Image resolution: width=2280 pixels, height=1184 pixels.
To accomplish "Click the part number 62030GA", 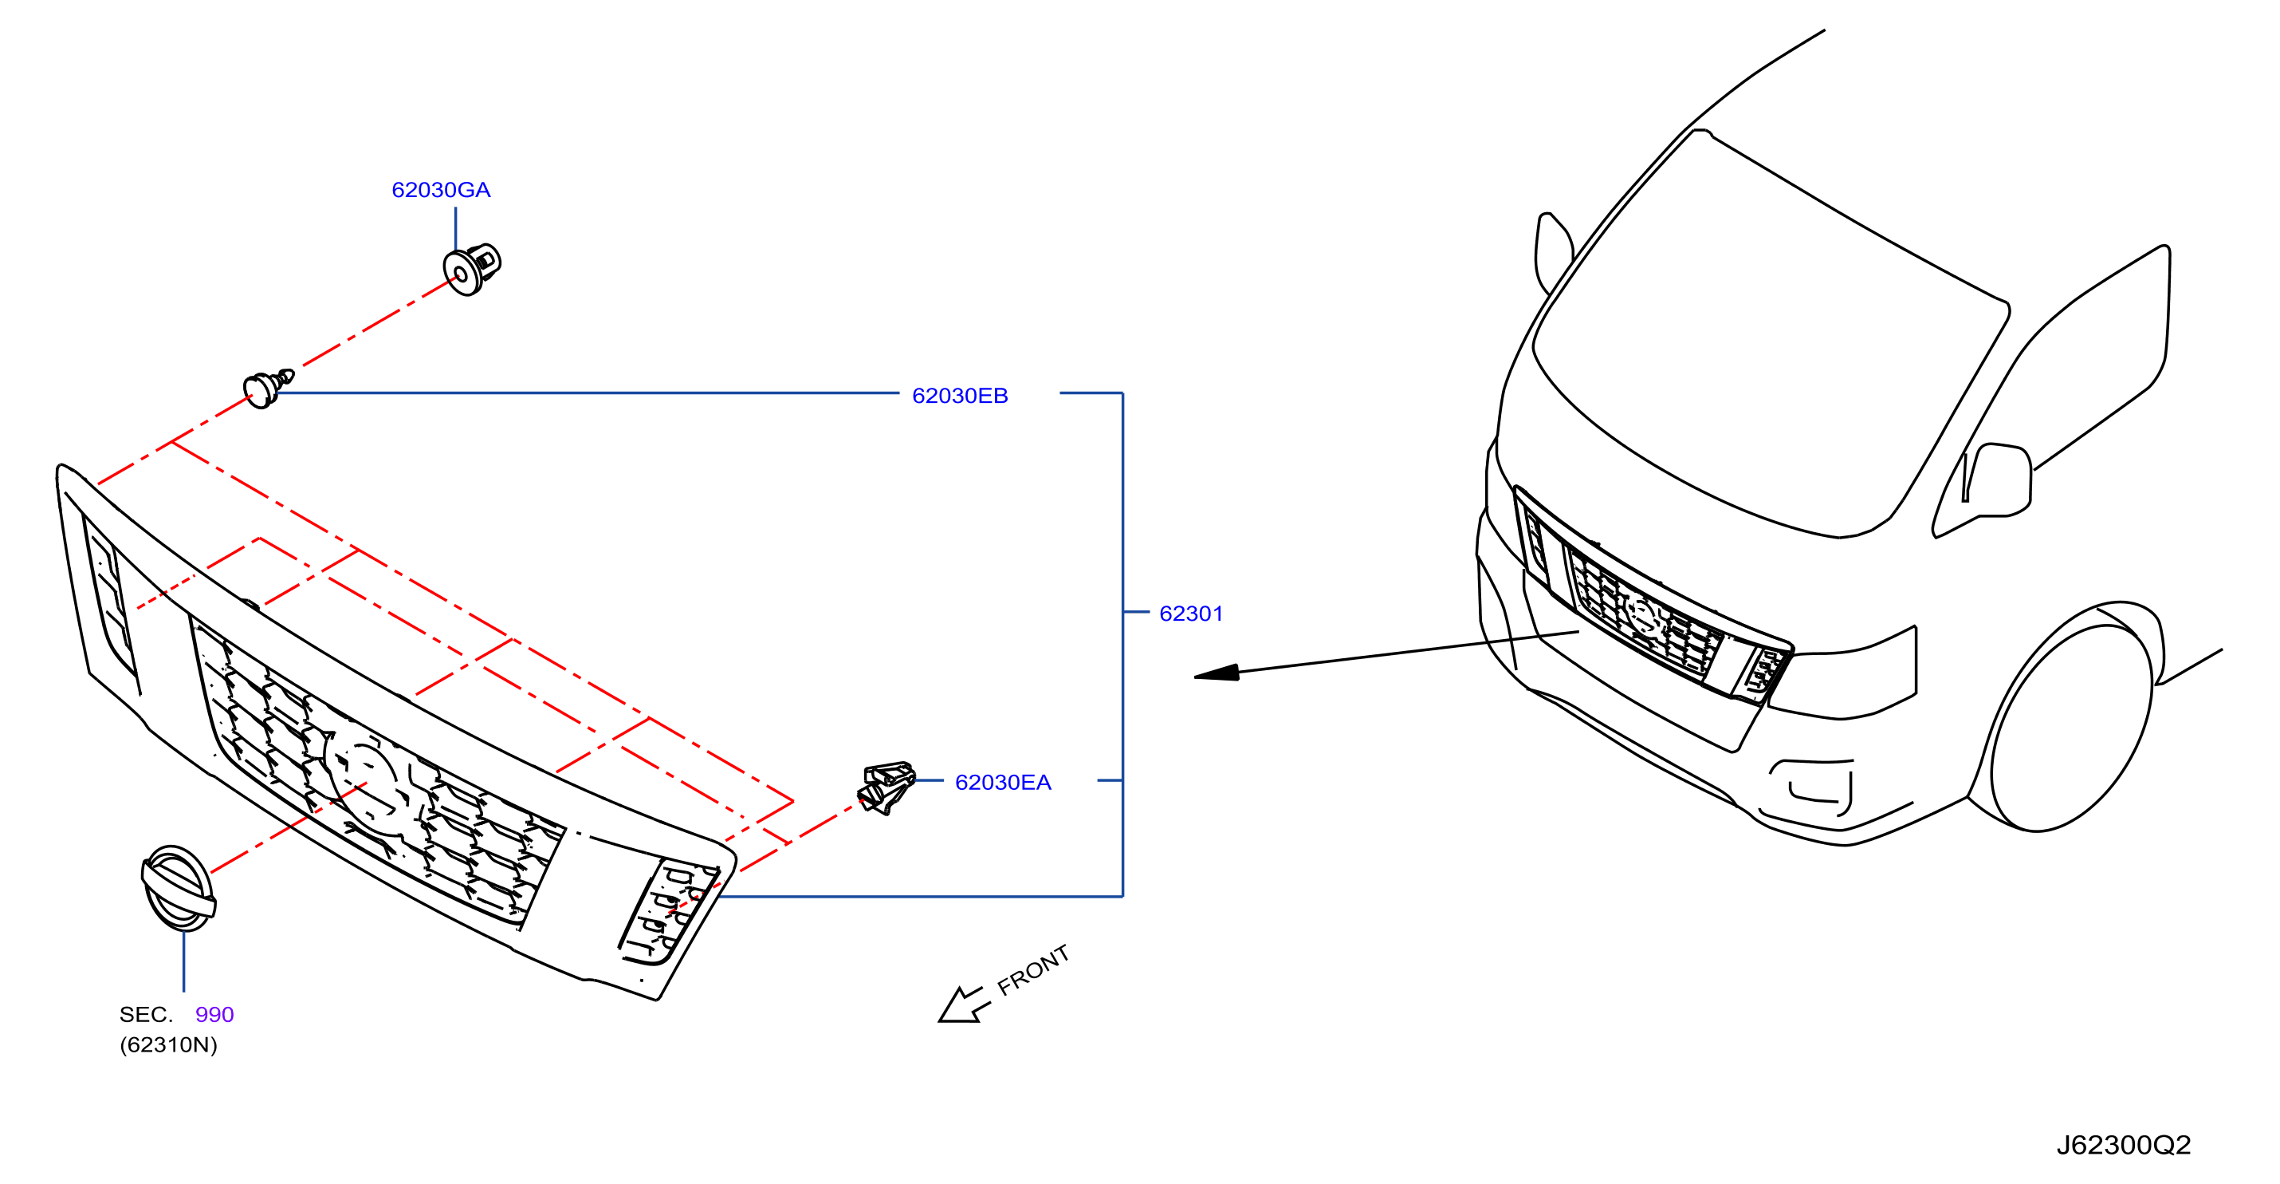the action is tap(441, 190).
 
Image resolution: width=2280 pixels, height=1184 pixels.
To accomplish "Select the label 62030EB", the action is tap(961, 396).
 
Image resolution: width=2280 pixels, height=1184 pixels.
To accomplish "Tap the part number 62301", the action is tap(1191, 614).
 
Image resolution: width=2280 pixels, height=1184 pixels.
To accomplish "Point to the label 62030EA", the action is tap(1003, 783).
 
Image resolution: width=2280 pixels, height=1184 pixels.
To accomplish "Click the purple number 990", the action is tap(214, 1015).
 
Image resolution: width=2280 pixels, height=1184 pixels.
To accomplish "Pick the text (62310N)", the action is tap(168, 1045).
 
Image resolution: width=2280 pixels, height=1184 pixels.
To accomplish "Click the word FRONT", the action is tap(1033, 969).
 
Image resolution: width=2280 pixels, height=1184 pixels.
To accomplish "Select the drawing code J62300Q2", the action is tap(2123, 1145).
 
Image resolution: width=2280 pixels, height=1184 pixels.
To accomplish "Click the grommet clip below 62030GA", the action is tap(472, 268).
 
